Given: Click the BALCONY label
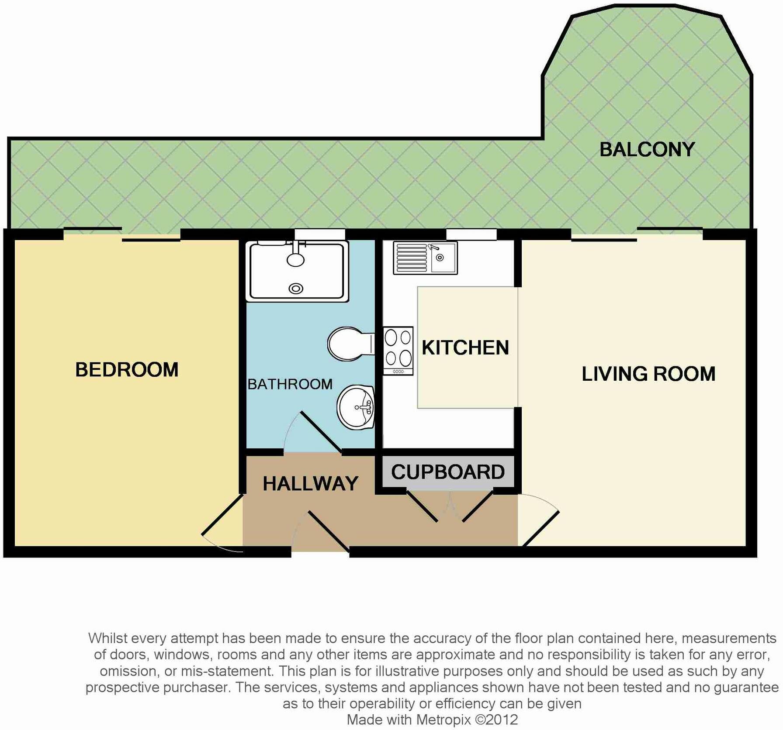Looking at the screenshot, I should pyautogui.click(x=647, y=150).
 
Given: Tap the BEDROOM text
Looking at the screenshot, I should pyautogui.click(x=127, y=370).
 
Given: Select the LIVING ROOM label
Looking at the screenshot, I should pyautogui.click(x=648, y=374).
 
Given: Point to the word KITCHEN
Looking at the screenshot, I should pyautogui.click(x=465, y=348).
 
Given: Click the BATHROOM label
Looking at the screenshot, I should pyautogui.click(x=290, y=384).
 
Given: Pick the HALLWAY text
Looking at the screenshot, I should pyautogui.click(x=310, y=484).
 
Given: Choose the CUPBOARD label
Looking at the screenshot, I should pyautogui.click(x=448, y=472).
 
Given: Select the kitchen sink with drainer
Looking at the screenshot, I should pyautogui.click(x=425, y=258).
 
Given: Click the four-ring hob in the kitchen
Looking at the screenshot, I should pyautogui.click(x=398, y=351).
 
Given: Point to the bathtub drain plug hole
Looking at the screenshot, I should pyautogui.click(x=296, y=289).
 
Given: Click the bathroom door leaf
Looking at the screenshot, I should pyautogui.click(x=321, y=431).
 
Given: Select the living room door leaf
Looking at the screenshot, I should pyautogui.click(x=541, y=529).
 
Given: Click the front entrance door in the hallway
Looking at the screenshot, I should pyautogui.click(x=329, y=531).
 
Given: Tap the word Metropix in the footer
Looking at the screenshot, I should pyautogui.click(x=443, y=719).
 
